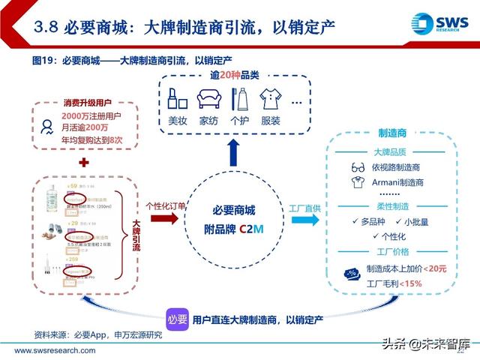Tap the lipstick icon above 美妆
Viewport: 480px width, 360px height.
178,98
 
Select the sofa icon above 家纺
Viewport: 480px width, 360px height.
208,98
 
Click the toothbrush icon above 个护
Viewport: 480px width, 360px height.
239,98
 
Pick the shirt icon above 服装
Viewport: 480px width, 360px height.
269,98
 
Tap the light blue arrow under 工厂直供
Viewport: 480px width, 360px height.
304,219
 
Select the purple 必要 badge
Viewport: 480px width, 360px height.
178,319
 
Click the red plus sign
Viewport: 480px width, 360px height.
84,163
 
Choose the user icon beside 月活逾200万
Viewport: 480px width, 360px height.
47,126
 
